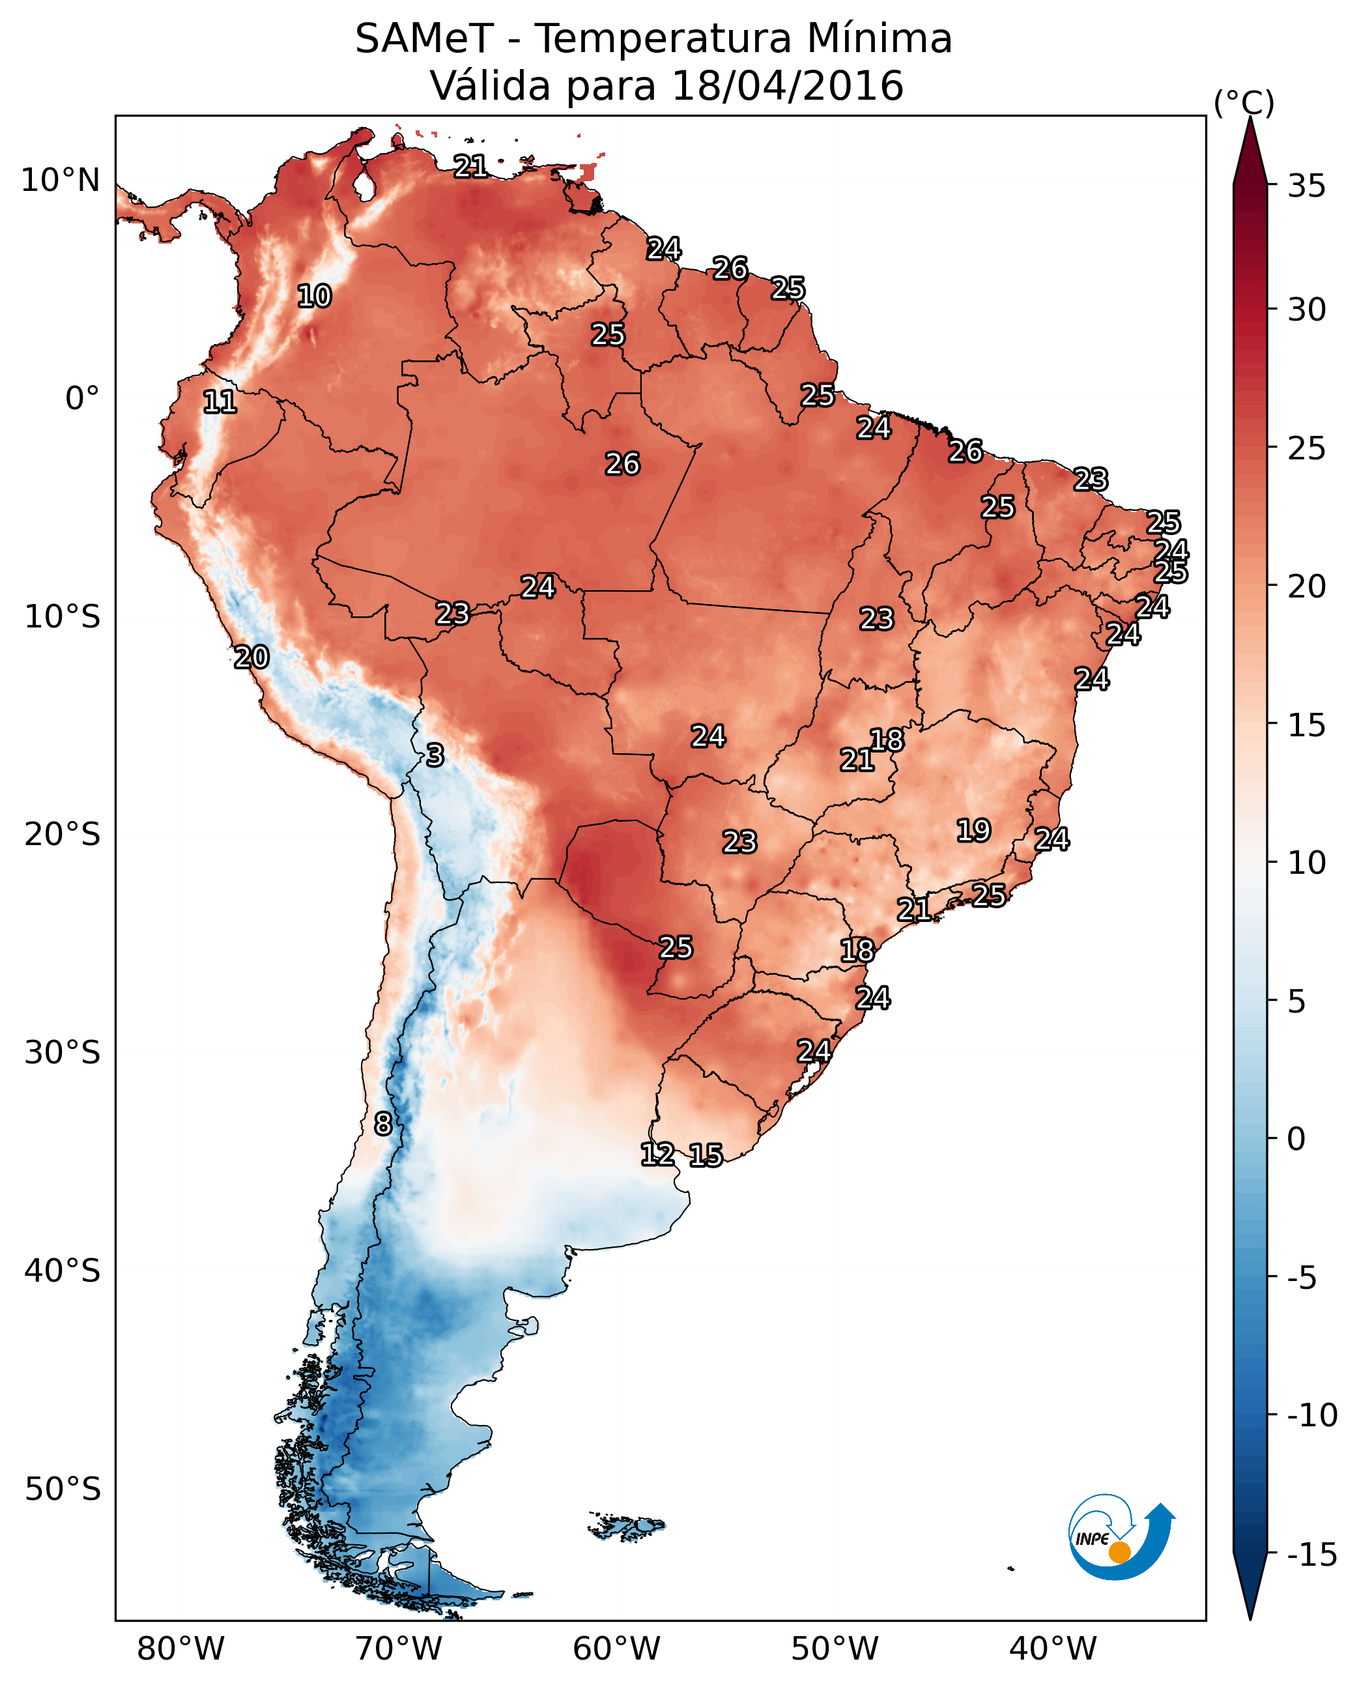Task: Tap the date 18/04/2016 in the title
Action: click(x=787, y=86)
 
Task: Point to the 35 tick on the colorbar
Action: click(x=1306, y=186)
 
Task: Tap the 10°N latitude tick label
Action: click(x=61, y=181)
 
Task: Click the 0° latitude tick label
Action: click(x=82, y=399)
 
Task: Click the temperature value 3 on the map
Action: click(x=435, y=755)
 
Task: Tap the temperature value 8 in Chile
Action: click(x=383, y=1125)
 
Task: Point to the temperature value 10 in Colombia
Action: click(x=315, y=296)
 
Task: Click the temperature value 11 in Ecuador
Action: click(x=220, y=403)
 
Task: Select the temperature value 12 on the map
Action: click(x=657, y=1154)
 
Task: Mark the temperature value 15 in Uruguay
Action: click(x=706, y=1156)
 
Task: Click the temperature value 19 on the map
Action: click(x=974, y=831)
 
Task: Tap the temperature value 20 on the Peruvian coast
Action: click(x=251, y=657)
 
